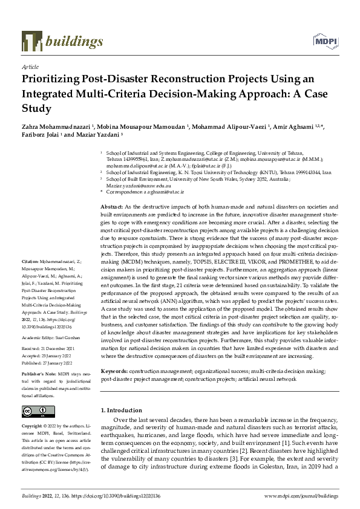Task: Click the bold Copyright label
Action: [x=34, y=426]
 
